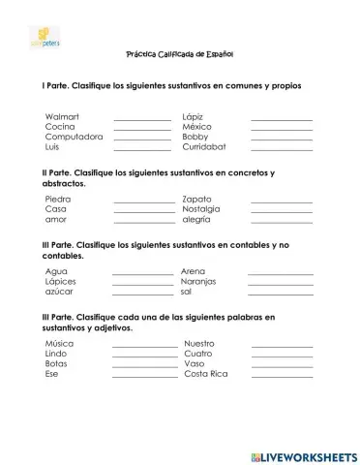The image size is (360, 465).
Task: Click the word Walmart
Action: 61,116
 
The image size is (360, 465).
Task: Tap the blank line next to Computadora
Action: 142,139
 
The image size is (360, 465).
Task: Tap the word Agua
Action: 56,271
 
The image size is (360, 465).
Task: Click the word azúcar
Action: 60,292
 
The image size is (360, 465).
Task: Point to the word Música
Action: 59,344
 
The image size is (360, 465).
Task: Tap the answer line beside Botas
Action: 144,366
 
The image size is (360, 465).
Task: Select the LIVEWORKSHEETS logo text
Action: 303,453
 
